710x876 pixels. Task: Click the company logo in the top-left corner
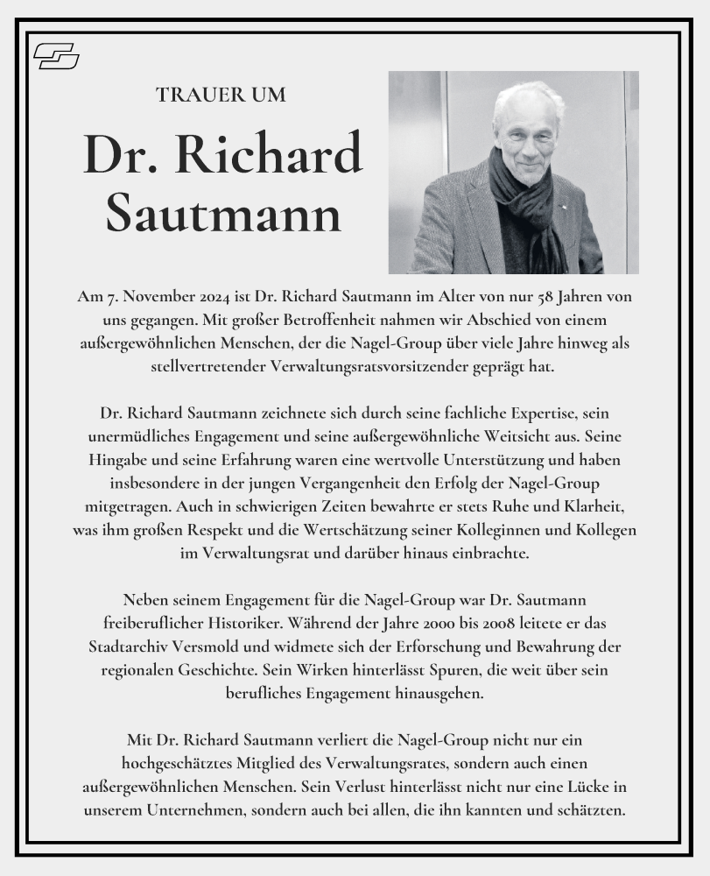click(x=56, y=57)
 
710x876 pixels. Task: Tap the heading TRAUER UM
click(x=221, y=95)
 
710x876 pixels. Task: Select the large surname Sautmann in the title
click(x=222, y=213)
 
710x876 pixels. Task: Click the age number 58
click(x=530, y=297)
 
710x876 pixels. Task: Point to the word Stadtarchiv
click(x=130, y=646)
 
